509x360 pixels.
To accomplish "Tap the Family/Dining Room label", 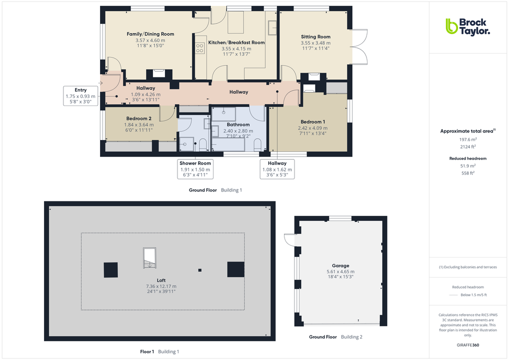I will [150, 34].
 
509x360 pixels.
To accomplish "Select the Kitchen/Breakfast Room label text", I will [243, 42].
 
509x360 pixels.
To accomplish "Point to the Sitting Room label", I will [315, 36].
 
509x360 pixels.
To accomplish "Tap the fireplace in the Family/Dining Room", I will [159, 73].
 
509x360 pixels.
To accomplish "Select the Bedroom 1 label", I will [313, 122].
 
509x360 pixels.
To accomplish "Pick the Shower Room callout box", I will [195, 169].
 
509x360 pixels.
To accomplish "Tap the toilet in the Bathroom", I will [257, 145].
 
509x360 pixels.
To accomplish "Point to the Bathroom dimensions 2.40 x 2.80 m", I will [238, 130].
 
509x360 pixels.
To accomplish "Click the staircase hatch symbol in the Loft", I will [149, 258].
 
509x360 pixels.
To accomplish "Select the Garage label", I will [340, 266].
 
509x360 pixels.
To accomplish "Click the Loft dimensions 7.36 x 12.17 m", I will [161, 286].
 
